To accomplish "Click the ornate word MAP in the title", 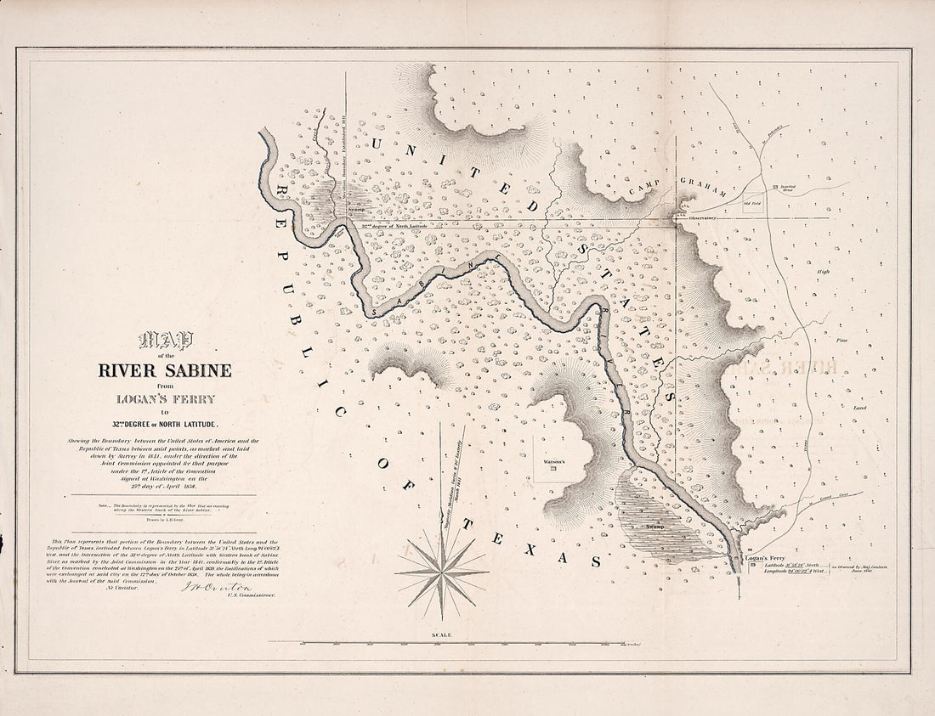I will pos(167,341).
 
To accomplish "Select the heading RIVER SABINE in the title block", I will pos(164,370).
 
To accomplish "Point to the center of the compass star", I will pos(441,572).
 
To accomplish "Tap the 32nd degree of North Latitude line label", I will pos(399,227).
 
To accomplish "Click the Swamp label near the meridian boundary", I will pos(355,207).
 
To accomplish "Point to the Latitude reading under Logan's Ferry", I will pos(793,565).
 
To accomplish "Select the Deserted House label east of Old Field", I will pos(787,189).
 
